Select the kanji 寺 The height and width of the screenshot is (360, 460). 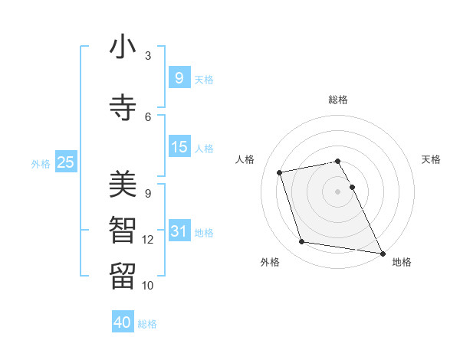click(123, 106)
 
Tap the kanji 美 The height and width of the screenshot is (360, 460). click(123, 185)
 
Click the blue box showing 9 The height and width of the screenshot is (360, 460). click(179, 77)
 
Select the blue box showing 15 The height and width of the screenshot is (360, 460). click(179, 146)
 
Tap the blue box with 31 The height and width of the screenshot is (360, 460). click(179, 231)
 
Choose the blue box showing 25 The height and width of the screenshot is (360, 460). click(65, 162)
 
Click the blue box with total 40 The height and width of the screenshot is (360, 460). click(123, 322)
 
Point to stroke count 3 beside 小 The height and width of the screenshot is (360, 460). click(148, 56)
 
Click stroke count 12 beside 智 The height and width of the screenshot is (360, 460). click(148, 240)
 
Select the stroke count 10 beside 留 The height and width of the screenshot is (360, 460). click(148, 285)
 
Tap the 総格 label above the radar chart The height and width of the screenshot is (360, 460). click(338, 100)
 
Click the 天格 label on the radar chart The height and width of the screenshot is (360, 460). click(431, 159)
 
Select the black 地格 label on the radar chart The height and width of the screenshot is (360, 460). click(402, 262)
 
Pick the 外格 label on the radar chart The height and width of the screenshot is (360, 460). click(270, 262)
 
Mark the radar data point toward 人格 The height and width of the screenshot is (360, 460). click(280, 172)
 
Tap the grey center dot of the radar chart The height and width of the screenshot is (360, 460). click(338, 191)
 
